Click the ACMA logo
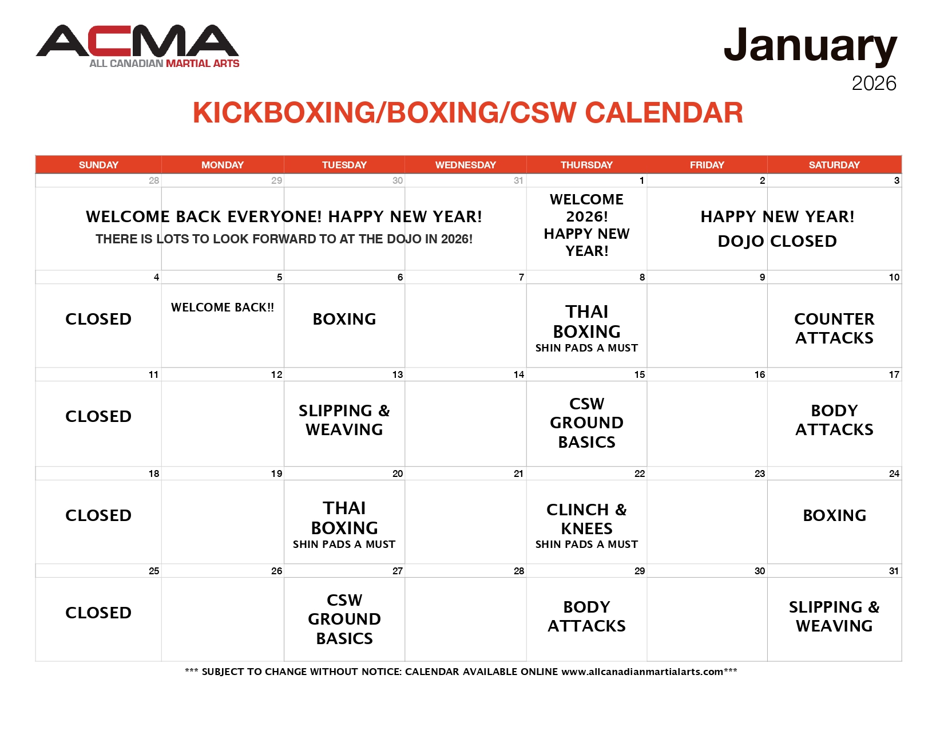point(137,46)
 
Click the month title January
point(810,46)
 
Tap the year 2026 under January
point(874,84)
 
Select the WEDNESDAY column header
point(465,165)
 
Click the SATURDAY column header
point(834,165)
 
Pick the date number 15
point(639,375)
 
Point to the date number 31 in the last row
point(894,571)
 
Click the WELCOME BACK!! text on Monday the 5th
point(223,307)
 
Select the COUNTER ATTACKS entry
point(834,328)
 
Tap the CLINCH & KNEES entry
point(586,519)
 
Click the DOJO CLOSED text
point(777,242)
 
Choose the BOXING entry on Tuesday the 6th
point(344,319)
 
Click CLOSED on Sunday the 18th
point(98,515)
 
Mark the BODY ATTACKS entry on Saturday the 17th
point(834,420)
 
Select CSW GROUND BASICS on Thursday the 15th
point(586,423)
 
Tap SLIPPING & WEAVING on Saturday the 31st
point(834,616)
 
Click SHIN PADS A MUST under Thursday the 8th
point(586,348)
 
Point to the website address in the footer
point(642,672)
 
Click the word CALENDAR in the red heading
point(664,113)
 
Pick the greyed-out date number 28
point(154,181)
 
